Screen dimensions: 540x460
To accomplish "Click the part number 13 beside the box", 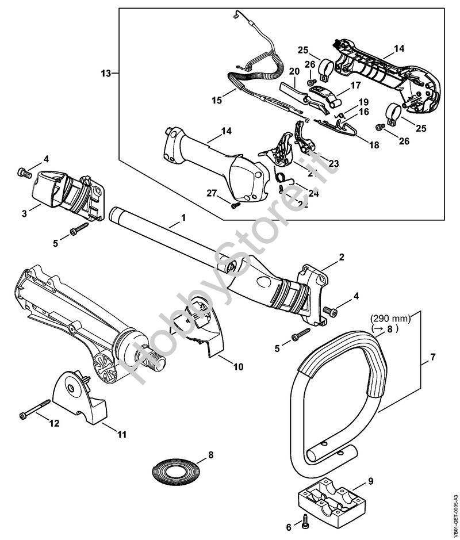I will [x=105, y=73].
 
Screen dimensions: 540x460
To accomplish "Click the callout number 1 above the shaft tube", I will [x=183, y=219].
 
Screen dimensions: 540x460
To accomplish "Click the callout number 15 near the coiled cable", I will [x=216, y=100].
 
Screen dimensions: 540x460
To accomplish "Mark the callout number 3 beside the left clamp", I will [x=25, y=213].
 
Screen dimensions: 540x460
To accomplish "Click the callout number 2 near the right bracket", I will [x=341, y=256].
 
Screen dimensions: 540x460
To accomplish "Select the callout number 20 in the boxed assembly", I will [x=294, y=71].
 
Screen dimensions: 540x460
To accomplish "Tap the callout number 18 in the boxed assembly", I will [x=374, y=145].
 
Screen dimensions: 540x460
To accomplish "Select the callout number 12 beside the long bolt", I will [x=54, y=423].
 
